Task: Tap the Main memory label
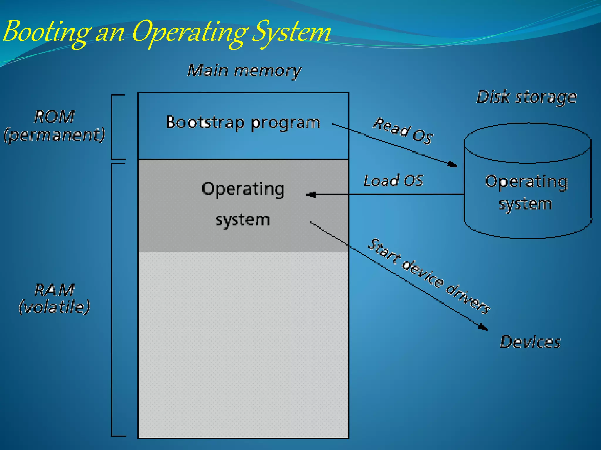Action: tap(244, 71)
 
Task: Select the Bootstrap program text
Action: tap(243, 122)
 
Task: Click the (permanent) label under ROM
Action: tap(55, 135)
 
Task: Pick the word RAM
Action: tap(54, 290)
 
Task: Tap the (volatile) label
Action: tap(54, 307)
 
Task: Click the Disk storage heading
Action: tap(526, 97)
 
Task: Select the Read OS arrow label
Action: tap(403, 130)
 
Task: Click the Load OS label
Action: tap(393, 180)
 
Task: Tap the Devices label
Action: tap(530, 342)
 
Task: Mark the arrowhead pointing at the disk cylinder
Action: tap(453, 164)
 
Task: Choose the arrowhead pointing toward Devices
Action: tap(483, 327)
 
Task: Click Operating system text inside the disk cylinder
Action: tap(526, 192)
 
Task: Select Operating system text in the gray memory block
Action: tap(243, 204)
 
